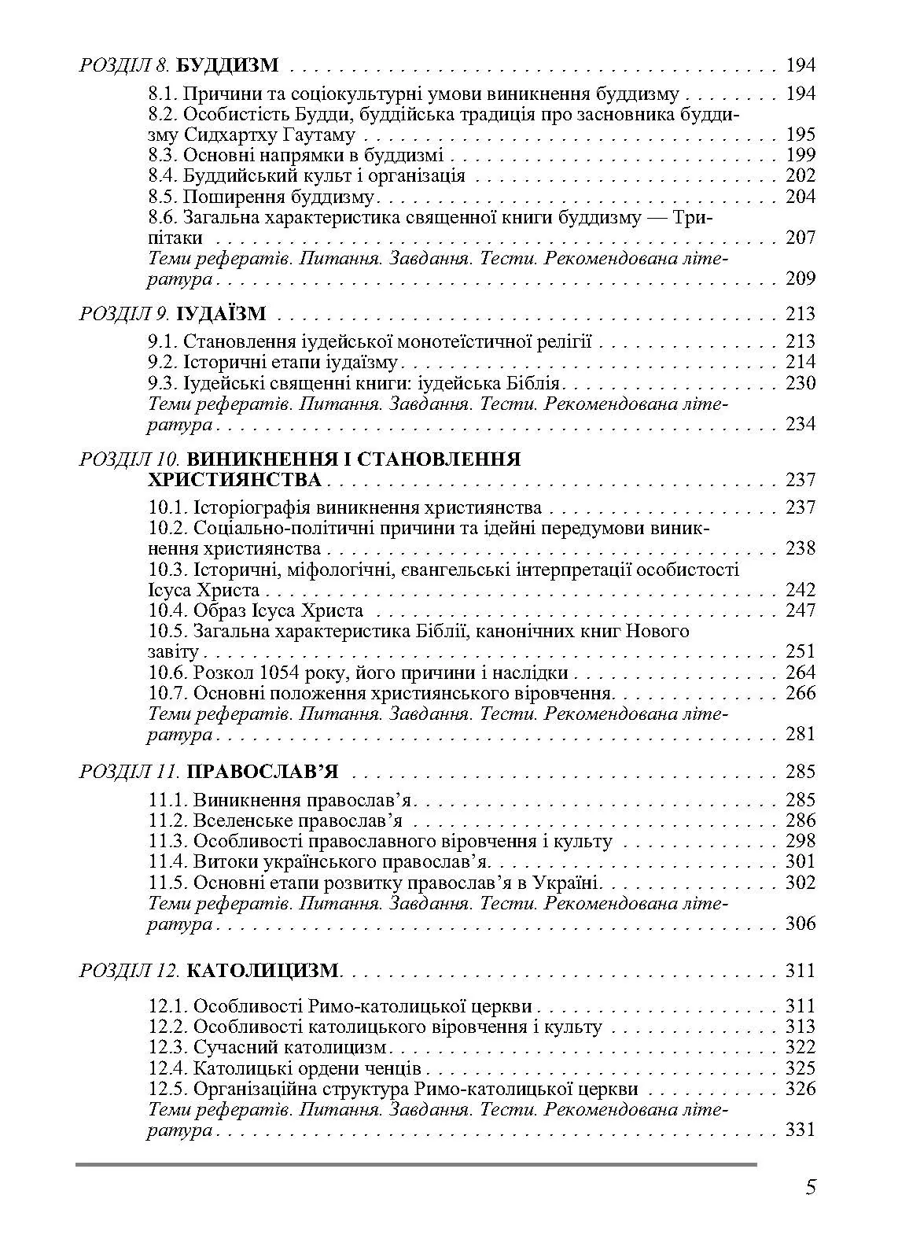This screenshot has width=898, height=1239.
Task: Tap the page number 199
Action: [x=800, y=154]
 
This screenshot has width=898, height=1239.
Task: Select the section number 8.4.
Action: [x=164, y=175]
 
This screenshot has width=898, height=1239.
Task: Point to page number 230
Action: [x=800, y=383]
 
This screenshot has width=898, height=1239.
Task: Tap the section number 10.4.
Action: [x=168, y=610]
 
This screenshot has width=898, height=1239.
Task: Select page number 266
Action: [x=800, y=693]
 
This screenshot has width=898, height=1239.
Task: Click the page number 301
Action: [x=800, y=861]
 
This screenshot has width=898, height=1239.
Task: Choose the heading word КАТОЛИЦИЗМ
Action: [x=263, y=971]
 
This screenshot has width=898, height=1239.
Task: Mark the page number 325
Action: [x=800, y=1068]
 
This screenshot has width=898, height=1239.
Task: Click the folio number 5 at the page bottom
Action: [x=810, y=1187]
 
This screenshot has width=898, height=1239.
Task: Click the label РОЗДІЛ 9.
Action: [x=125, y=315]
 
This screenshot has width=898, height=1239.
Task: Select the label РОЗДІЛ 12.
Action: [x=130, y=971]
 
